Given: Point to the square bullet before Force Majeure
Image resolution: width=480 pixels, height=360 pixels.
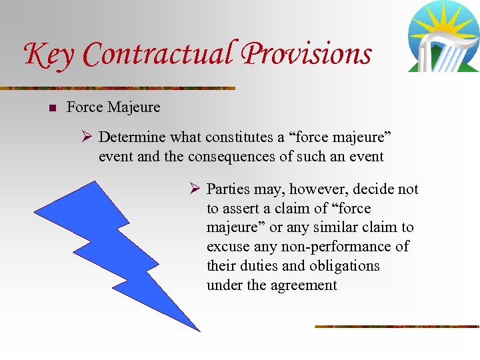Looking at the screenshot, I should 51,107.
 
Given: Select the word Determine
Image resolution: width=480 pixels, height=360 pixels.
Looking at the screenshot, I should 132,137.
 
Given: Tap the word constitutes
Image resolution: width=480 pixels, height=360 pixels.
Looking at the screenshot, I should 237,137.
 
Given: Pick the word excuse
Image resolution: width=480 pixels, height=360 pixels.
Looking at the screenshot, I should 226,247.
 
